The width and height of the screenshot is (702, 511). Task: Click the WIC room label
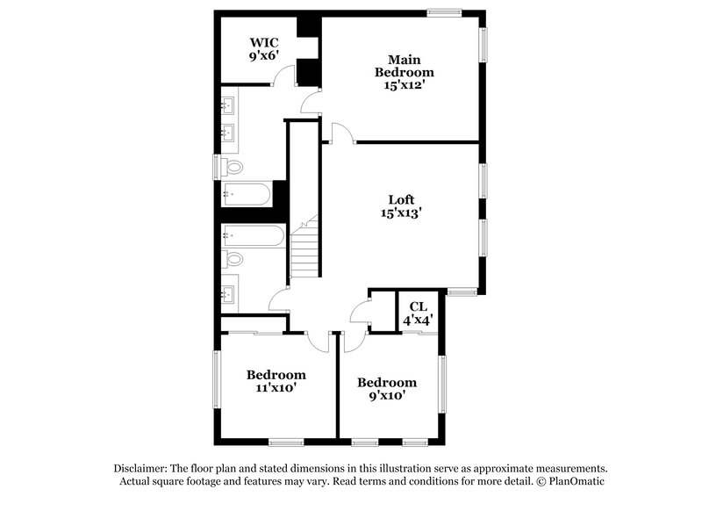tap(263, 40)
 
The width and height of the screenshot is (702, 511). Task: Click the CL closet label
tap(418, 306)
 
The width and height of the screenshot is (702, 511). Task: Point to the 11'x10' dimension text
tap(276, 387)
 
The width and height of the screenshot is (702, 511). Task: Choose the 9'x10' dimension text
tap(386, 396)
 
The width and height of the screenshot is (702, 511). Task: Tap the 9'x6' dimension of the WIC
tap(263, 54)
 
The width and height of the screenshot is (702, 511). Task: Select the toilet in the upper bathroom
tap(233, 167)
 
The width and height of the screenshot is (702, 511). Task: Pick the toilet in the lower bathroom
tap(233, 259)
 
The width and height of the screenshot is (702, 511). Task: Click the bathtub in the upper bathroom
tap(247, 194)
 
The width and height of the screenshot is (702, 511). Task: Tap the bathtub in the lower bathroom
tap(252, 234)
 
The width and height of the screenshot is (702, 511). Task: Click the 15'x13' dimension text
tap(403, 212)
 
